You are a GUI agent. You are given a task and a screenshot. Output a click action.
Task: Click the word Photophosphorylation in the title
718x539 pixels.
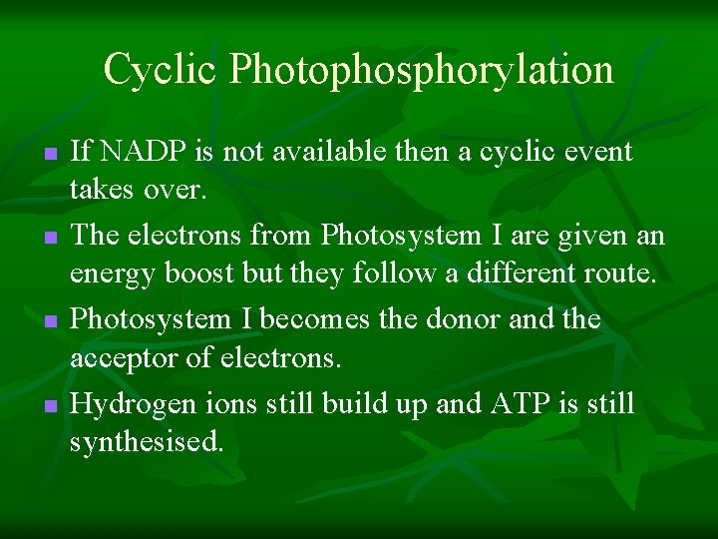[x=422, y=71]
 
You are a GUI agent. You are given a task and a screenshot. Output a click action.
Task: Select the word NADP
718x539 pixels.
[x=139, y=152]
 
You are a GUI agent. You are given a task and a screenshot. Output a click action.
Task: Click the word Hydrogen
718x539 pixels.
[x=123, y=403]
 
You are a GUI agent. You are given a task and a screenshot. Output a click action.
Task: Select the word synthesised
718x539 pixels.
[x=146, y=442]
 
